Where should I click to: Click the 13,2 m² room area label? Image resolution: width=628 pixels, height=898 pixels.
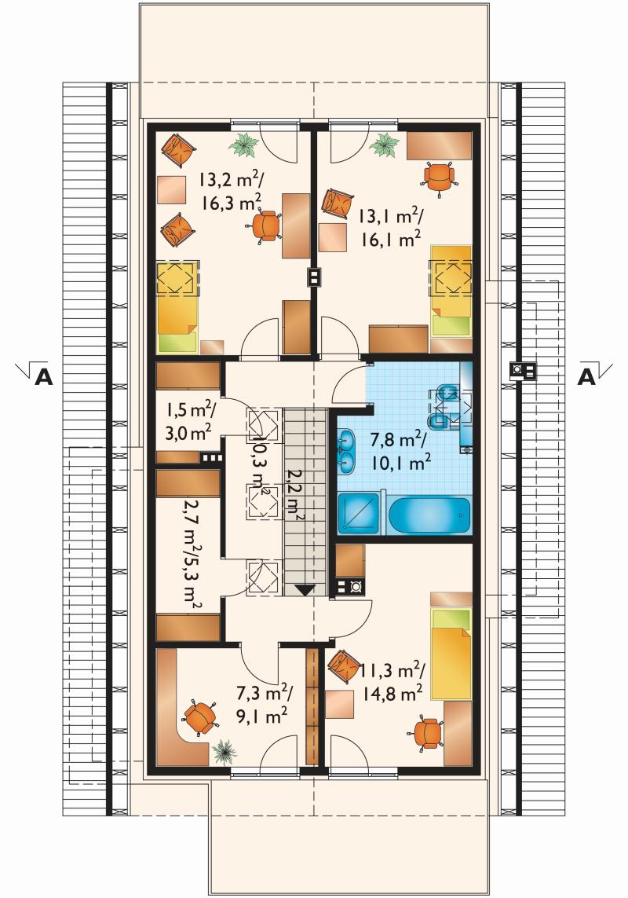click(229, 181)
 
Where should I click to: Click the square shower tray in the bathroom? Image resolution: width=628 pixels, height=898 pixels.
click(359, 514)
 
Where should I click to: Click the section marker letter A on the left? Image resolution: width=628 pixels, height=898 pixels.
click(43, 377)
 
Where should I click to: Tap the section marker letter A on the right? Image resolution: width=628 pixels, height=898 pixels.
click(586, 377)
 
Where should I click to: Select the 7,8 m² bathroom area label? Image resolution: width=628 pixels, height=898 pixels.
click(399, 441)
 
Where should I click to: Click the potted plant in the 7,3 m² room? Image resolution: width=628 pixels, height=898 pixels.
click(224, 751)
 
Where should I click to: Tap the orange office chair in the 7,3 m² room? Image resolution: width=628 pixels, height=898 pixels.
click(200, 717)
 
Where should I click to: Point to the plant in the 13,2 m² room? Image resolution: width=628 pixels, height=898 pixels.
click(243, 144)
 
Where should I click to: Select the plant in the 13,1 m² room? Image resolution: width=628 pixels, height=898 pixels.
click(384, 145)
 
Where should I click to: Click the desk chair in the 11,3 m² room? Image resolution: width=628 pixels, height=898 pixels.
click(428, 732)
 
